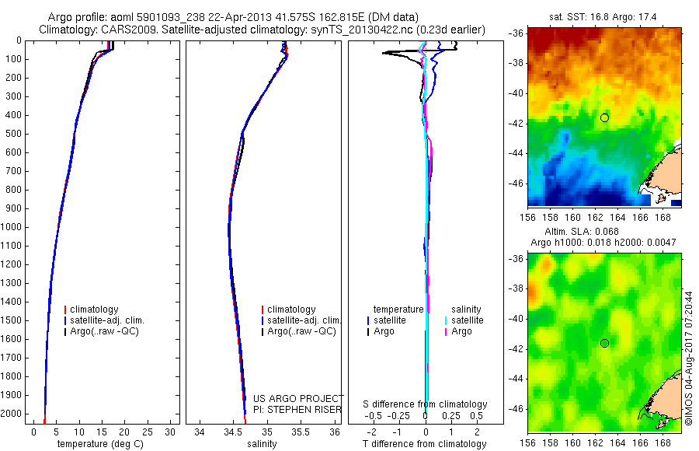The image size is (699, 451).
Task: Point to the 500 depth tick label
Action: [x=14, y=134]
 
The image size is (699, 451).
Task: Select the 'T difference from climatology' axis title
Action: [x=424, y=444]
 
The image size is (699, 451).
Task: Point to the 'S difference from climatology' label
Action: [x=426, y=404]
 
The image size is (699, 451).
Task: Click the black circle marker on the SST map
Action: [x=604, y=117]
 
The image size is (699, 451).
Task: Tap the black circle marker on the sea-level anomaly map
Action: [x=604, y=343]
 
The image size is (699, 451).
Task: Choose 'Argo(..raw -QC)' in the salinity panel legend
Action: [x=301, y=331]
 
